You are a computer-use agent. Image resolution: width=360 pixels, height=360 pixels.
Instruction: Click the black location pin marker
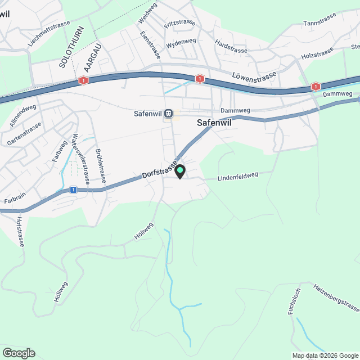coord(180,171)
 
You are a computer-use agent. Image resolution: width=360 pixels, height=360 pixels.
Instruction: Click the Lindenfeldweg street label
coord(237,175)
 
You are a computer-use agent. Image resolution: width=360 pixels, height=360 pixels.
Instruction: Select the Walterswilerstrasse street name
coord(81,159)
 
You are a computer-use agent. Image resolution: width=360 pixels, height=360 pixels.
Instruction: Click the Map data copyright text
coord(325,355)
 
